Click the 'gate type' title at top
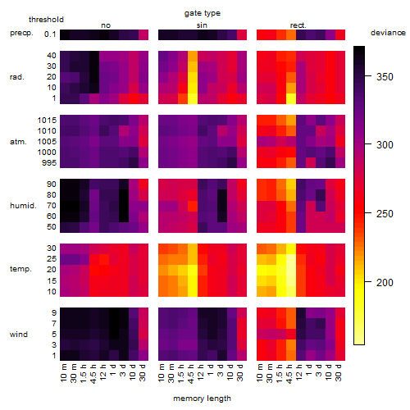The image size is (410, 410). (203, 13)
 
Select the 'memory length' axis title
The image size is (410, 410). (202, 399)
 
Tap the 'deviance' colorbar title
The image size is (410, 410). (388, 33)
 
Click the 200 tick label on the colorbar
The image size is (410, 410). (385, 282)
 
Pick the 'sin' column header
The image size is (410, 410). (202, 25)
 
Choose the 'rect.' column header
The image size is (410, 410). (298, 25)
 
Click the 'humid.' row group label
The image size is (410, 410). (23, 205)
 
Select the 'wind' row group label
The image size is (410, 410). (19, 335)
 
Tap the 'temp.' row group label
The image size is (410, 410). (20, 269)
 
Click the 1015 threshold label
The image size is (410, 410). (47, 121)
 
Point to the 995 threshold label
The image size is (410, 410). (49, 163)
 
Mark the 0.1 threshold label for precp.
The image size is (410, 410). (50, 34)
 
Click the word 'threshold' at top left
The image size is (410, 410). (46, 20)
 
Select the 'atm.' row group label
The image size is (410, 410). (18, 142)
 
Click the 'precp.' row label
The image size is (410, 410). (21, 34)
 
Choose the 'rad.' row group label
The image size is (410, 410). (17, 77)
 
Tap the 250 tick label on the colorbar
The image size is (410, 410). (385, 214)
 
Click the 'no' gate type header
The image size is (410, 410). (106, 25)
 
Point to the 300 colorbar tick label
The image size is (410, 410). (385, 145)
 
